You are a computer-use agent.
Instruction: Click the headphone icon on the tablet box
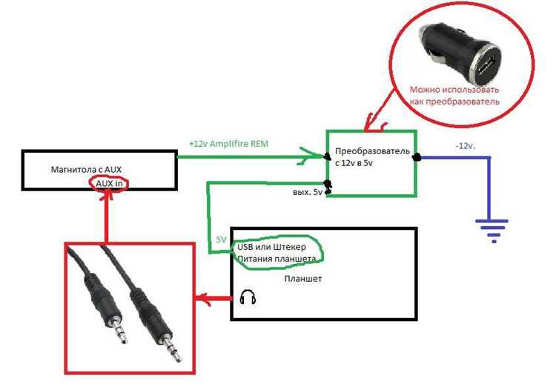248,297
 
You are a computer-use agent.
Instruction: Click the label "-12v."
466,146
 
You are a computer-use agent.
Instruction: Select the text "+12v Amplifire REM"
229,144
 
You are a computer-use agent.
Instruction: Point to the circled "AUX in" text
109,184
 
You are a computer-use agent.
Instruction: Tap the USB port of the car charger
486,65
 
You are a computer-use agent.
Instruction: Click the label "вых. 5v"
308,193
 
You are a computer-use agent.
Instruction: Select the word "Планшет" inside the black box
303,279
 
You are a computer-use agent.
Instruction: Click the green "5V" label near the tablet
221,240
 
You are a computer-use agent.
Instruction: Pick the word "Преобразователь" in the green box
372,151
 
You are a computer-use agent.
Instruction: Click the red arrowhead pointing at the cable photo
203,299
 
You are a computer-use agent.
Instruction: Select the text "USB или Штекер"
271,247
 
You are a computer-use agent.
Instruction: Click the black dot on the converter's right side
417,157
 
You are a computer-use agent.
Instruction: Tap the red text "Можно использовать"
454,90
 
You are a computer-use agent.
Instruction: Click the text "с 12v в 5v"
354,163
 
